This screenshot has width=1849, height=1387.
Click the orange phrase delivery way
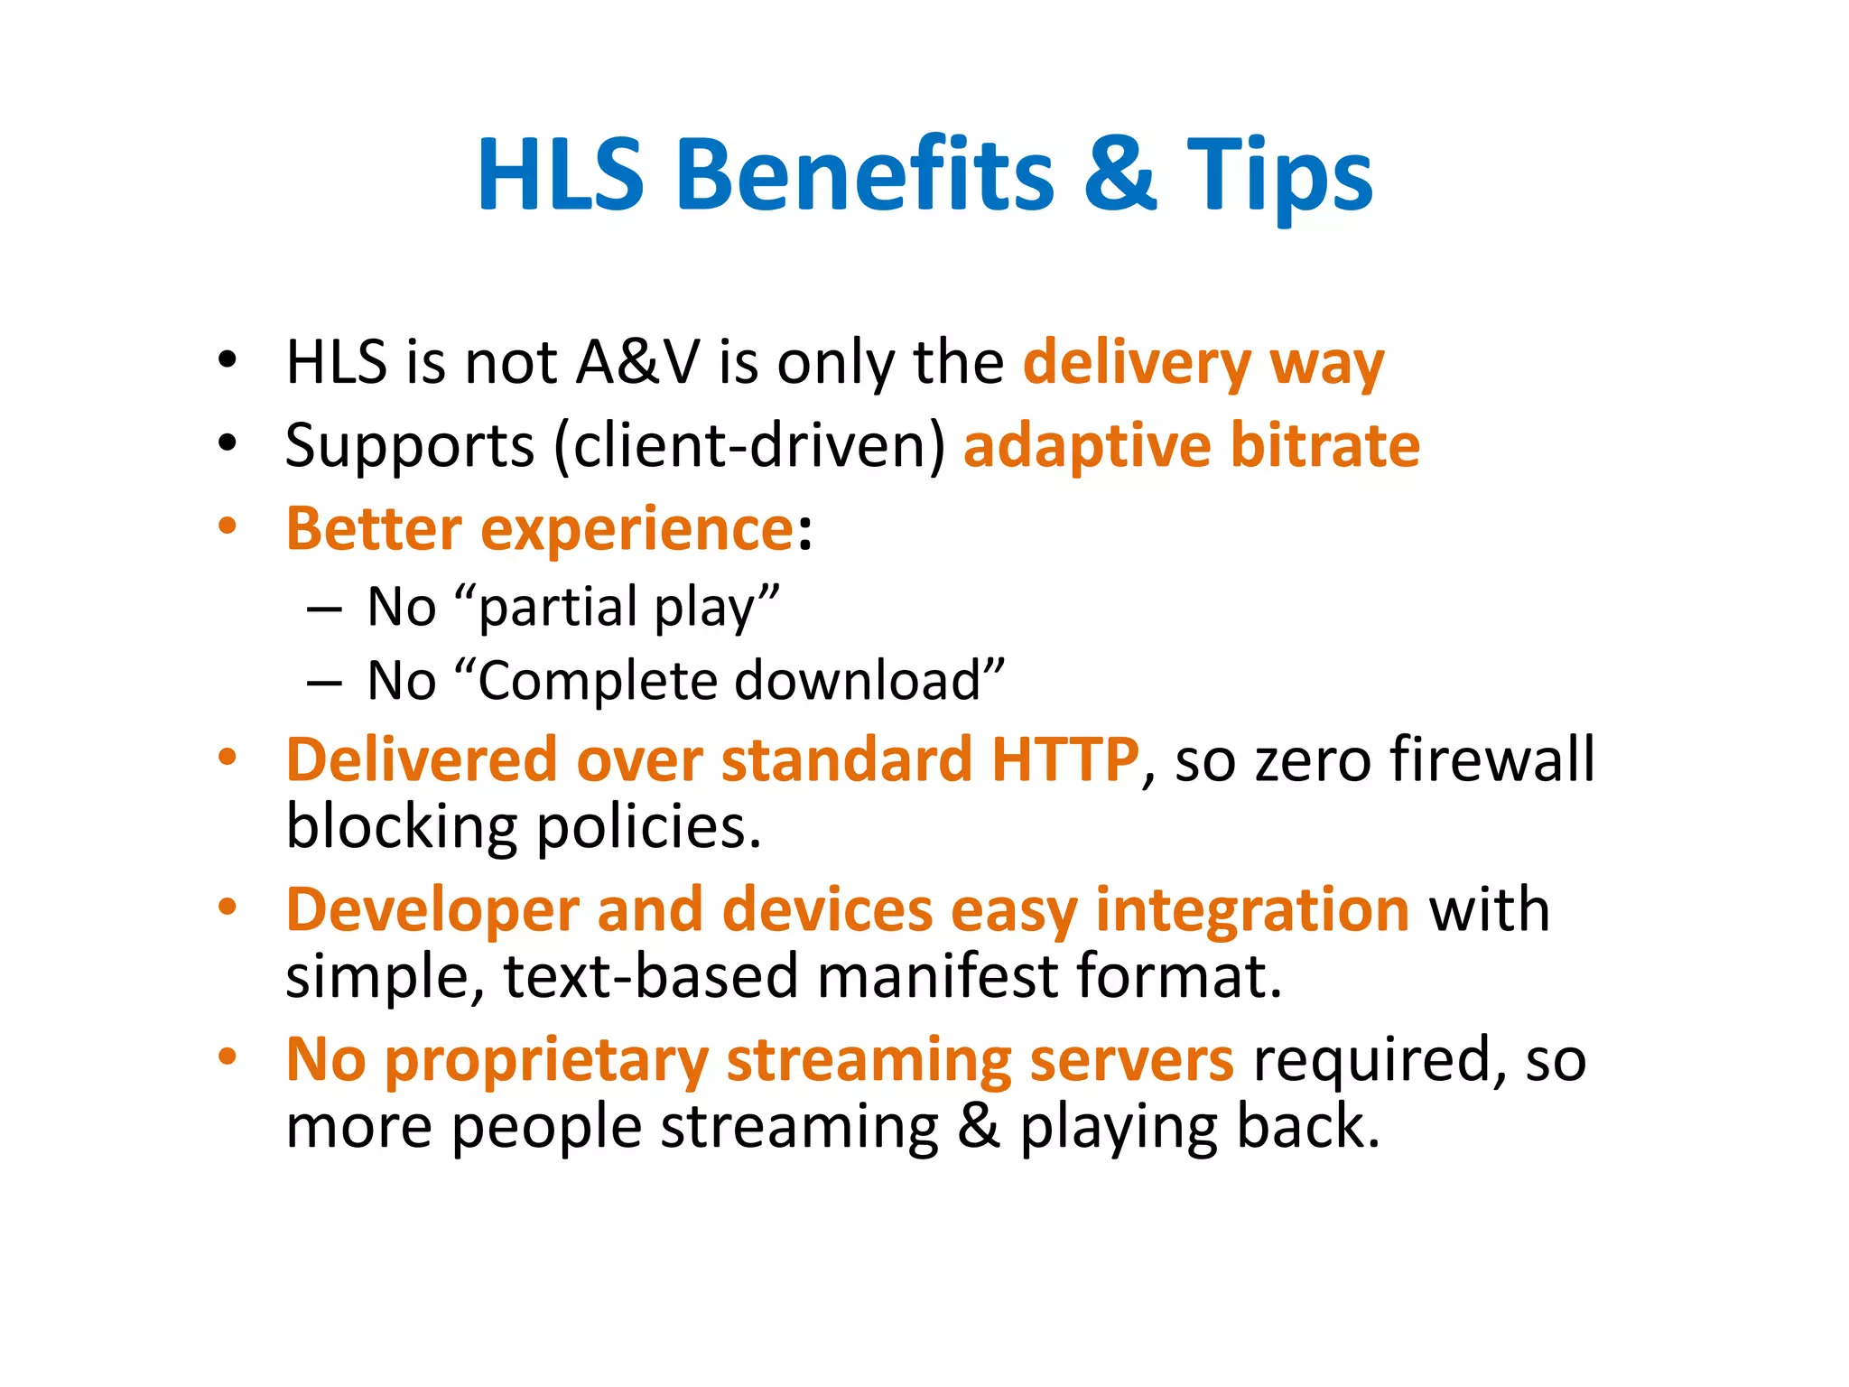1203,363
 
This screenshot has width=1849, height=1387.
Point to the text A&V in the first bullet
637,362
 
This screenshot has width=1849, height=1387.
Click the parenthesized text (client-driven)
749,446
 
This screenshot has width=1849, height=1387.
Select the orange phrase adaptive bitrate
1192,446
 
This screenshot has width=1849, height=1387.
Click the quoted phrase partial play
628,608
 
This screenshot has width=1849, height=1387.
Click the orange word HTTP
1065,759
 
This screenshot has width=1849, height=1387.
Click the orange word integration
1252,909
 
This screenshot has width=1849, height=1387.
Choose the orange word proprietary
547,1061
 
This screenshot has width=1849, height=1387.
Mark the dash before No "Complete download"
323,683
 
